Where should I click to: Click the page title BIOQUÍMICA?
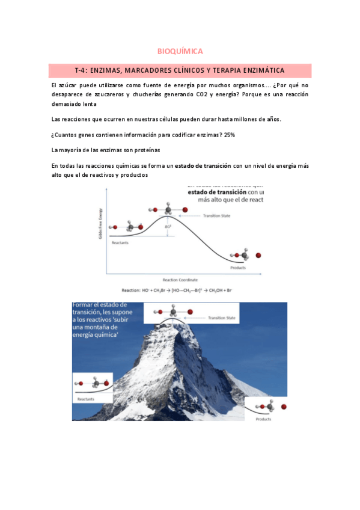(180, 51)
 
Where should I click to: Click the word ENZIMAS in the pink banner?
(111, 71)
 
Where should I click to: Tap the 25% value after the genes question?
(230, 134)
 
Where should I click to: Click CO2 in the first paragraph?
(204, 95)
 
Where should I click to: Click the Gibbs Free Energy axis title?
(100, 224)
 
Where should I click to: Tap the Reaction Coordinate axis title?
(180, 280)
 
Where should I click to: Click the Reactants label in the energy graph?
(120, 242)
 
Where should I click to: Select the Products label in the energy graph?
(238, 268)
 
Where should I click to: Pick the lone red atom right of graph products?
(258, 256)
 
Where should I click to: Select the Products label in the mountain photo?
(263, 419)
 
